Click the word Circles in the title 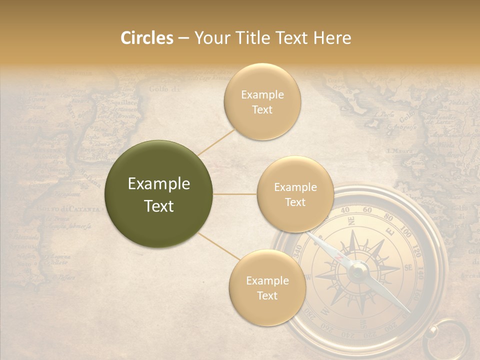coord(147,38)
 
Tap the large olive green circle coord(159,194)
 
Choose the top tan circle coord(262,102)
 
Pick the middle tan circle coord(295,194)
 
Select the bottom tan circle coord(267,288)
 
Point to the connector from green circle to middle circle coord(235,194)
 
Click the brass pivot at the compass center coord(358,271)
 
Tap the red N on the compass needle coord(339,256)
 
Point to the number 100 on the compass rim coord(405,233)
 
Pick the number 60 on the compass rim coord(367,210)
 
